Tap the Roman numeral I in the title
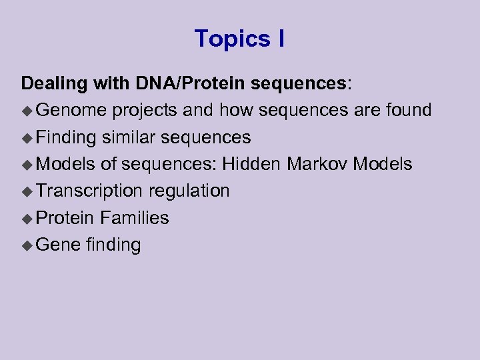click(x=281, y=39)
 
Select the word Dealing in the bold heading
click(x=54, y=83)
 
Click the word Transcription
click(x=89, y=191)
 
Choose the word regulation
click(x=189, y=191)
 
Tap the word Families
click(x=134, y=218)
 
